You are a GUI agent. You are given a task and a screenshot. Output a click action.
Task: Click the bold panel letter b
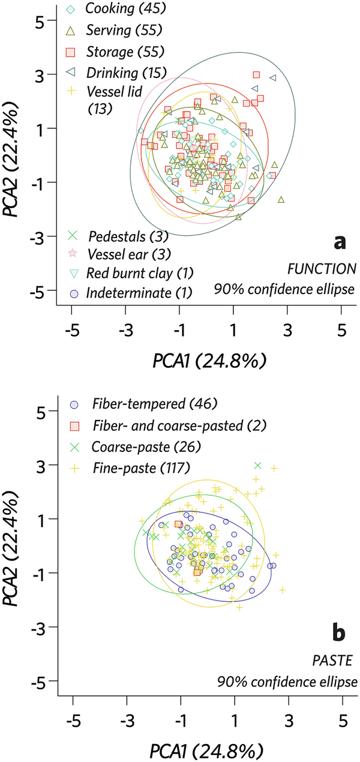(x=340, y=632)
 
